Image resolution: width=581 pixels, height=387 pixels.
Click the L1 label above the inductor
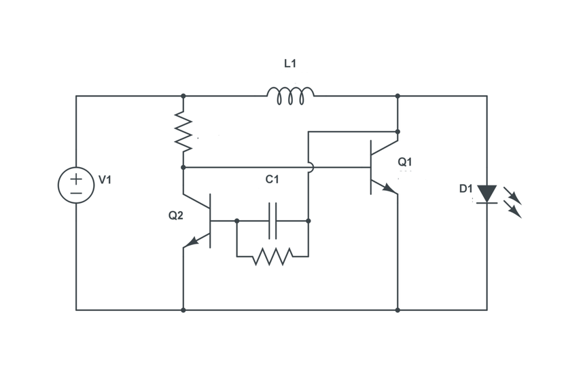coord(290,64)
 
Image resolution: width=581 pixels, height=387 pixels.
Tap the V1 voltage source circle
coord(76,185)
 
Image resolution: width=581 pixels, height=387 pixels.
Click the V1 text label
coord(105,180)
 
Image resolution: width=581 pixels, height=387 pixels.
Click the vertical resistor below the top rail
coord(183,131)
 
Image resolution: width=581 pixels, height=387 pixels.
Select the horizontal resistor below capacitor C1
coord(272,257)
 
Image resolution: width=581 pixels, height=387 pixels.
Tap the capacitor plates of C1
coord(272,221)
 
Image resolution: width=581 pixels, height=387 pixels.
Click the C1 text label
coord(272,180)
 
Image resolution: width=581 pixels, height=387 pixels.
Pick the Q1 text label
coord(404,162)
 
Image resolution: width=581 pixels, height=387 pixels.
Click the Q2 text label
coord(176,216)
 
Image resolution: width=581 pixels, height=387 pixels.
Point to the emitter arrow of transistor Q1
coord(389,189)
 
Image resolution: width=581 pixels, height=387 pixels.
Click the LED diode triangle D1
coord(487,193)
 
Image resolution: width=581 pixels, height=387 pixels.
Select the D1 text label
coord(465,189)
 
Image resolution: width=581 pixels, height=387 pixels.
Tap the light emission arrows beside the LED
coord(513,202)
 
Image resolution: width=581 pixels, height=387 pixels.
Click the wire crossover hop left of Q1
coord(309,167)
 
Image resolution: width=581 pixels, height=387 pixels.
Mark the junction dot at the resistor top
coord(183,96)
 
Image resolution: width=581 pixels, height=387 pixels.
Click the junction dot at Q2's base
coord(236,221)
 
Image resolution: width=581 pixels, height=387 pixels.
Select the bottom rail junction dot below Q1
coord(398,310)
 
